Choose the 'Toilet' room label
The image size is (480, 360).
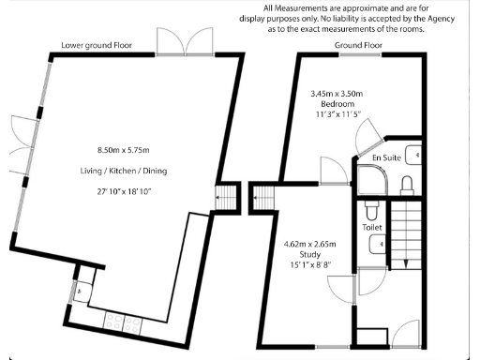point(373,226)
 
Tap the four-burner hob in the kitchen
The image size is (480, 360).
point(120,321)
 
